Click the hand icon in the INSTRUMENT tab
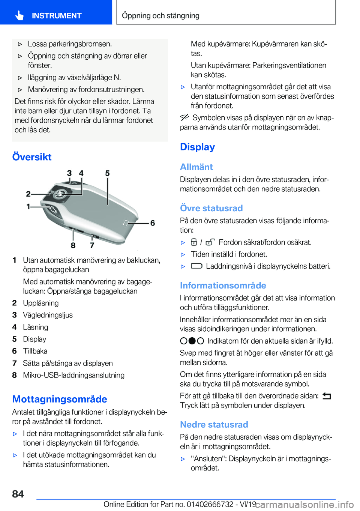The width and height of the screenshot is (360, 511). (19, 15)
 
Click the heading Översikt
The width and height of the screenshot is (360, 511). (32, 157)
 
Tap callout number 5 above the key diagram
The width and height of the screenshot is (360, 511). (107, 173)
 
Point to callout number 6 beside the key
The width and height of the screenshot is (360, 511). (152, 223)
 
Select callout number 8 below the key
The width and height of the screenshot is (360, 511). (73, 245)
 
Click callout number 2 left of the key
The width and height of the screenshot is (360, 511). (28, 194)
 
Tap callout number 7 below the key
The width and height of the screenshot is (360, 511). (92, 245)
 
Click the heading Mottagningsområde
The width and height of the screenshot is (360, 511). (60, 399)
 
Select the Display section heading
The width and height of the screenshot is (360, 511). (197, 147)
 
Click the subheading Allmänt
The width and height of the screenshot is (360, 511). (196, 167)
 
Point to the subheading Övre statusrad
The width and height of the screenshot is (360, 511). (211, 208)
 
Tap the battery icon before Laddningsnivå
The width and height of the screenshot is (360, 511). (196, 266)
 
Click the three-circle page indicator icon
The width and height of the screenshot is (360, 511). (192, 341)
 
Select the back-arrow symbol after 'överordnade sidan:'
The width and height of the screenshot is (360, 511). (326, 396)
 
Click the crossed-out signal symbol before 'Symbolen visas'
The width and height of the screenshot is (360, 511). (184, 117)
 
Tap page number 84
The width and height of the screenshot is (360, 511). (18, 494)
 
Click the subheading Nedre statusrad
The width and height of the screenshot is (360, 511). (214, 425)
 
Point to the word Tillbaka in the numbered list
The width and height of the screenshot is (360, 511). (35, 351)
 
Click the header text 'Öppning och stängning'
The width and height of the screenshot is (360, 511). (160, 15)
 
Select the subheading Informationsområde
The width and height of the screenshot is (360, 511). (223, 286)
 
